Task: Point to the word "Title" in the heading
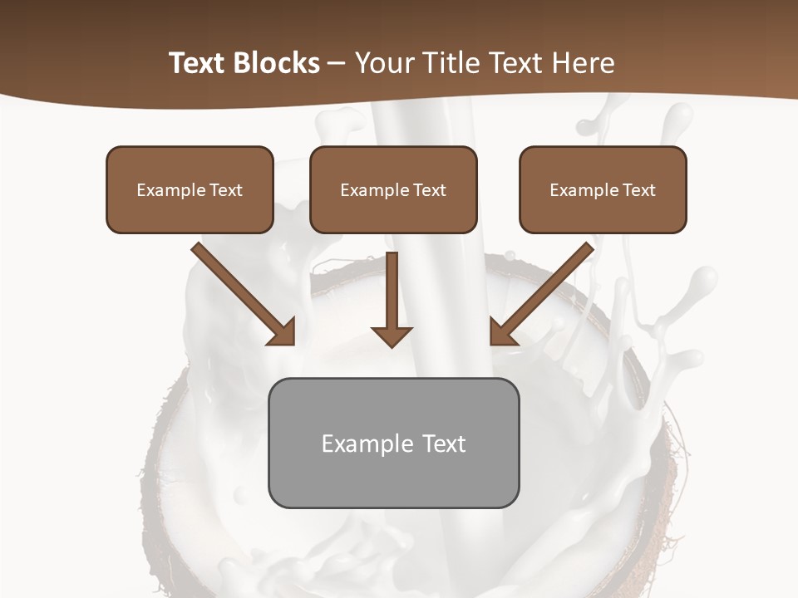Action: (x=450, y=63)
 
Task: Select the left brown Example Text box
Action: (x=190, y=189)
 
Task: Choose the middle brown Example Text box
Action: (x=393, y=189)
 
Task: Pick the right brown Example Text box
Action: (x=603, y=189)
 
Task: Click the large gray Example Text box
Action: (x=393, y=443)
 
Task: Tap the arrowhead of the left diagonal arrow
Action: (x=283, y=332)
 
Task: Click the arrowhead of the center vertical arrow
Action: (x=392, y=336)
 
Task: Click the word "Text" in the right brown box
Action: (x=639, y=190)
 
